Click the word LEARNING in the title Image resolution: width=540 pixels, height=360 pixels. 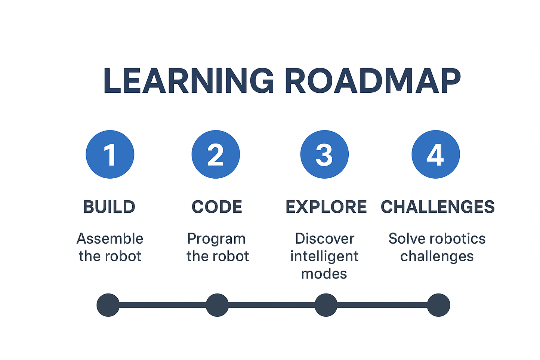(x=189, y=80)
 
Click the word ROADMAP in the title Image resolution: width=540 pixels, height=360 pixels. (x=373, y=80)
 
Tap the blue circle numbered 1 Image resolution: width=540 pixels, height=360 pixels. (x=110, y=154)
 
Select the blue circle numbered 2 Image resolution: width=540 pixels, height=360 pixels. (x=216, y=154)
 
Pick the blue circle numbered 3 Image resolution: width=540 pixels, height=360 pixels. (x=324, y=154)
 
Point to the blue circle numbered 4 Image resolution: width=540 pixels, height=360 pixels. (x=436, y=154)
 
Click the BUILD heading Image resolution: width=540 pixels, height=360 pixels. (x=109, y=207)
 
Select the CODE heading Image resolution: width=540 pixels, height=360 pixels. (x=217, y=207)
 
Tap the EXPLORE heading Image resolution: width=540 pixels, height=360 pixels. (x=326, y=207)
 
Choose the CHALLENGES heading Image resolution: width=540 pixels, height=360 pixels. (x=438, y=207)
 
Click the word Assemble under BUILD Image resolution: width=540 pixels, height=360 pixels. (x=110, y=239)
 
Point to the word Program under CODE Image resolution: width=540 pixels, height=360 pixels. (x=216, y=239)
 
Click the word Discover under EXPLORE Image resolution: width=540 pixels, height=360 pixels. (x=325, y=239)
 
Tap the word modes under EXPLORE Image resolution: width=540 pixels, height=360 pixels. (x=324, y=274)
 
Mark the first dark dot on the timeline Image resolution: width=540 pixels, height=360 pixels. (x=108, y=305)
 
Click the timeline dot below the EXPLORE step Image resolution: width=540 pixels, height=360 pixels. (x=326, y=305)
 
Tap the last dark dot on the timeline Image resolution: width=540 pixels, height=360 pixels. (x=438, y=305)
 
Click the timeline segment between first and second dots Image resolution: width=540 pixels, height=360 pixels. (x=163, y=305)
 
